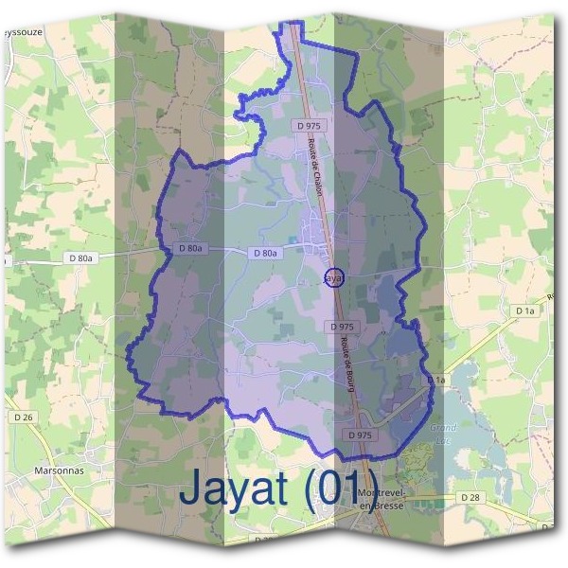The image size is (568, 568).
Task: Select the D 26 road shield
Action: pyautogui.click(x=24, y=417)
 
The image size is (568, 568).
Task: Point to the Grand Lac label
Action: pyautogui.click(x=443, y=433)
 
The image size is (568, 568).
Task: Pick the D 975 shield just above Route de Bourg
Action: pyautogui.click(x=343, y=327)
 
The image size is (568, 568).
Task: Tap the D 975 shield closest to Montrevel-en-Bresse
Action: pyautogui.click(x=360, y=435)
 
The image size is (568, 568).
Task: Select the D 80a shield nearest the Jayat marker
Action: pyautogui.click(x=265, y=254)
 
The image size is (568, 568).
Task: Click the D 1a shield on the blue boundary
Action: pyautogui.click(x=435, y=380)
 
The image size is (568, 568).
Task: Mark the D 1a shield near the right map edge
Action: pyautogui.click(x=525, y=311)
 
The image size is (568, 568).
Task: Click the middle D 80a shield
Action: pyautogui.click(x=191, y=248)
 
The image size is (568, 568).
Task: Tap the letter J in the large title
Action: pyautogui.click(x=189, y=489)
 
